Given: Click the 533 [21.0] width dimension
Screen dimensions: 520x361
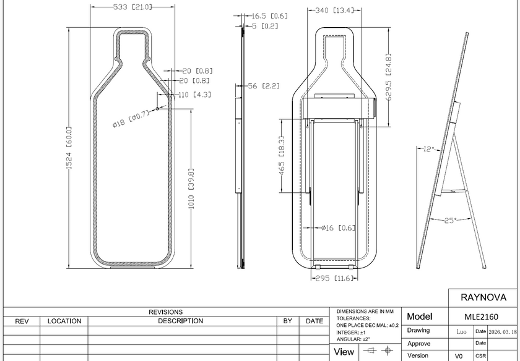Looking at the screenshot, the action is pyautogui.click(x=132, y=7).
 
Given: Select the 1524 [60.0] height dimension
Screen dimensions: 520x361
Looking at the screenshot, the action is pyautogui.click(x=69, y=147).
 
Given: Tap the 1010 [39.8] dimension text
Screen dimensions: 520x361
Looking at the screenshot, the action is pyautogui.click(x=191, y=189).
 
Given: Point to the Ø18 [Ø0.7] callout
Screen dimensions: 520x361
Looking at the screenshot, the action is pyautogui.click(x=131, y=119).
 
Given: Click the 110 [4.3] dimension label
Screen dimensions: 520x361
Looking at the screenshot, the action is pyautogui.click(x=194, y=95).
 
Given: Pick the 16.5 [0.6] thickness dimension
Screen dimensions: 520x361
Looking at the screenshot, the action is pyautogui.click(x=270, y=16).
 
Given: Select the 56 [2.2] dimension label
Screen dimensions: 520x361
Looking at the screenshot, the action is pyautogui.click(x=264, y=86).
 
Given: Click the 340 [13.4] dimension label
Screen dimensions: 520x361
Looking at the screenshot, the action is pyautogui.click(x=334, y=11).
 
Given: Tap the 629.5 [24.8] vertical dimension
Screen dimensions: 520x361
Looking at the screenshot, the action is pyautogui.click(x=389, y=77).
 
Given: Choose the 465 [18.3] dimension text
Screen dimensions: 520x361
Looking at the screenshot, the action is pyautogui.click(x=282, y=155).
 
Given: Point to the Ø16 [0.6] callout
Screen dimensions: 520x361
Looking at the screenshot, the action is pyautogui.click(x=338, y=228).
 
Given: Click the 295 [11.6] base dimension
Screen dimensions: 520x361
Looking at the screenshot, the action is pyautogui.click(x=335, y=278).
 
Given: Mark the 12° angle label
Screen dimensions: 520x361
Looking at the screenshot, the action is pyautogui.click(x=429, y=149).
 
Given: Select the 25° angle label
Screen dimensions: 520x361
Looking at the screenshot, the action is pyautogui.click(x=451, y=220).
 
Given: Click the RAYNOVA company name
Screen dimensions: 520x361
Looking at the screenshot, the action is pyautogui.click(x=483, y=297).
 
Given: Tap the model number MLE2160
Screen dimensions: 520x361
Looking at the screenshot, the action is pyautogui.click(x=481, y=317).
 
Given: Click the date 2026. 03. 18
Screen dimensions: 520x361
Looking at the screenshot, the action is pyautogui.click(x=503, y=331).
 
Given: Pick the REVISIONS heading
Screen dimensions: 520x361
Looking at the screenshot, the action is pyautogui.click(x=165, y=312).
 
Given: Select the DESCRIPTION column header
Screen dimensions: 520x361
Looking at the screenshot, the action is pyautogui.click(x=180, y=321).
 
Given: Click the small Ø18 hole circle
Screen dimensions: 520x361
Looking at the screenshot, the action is pyautogui.click(x=157, y=109).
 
